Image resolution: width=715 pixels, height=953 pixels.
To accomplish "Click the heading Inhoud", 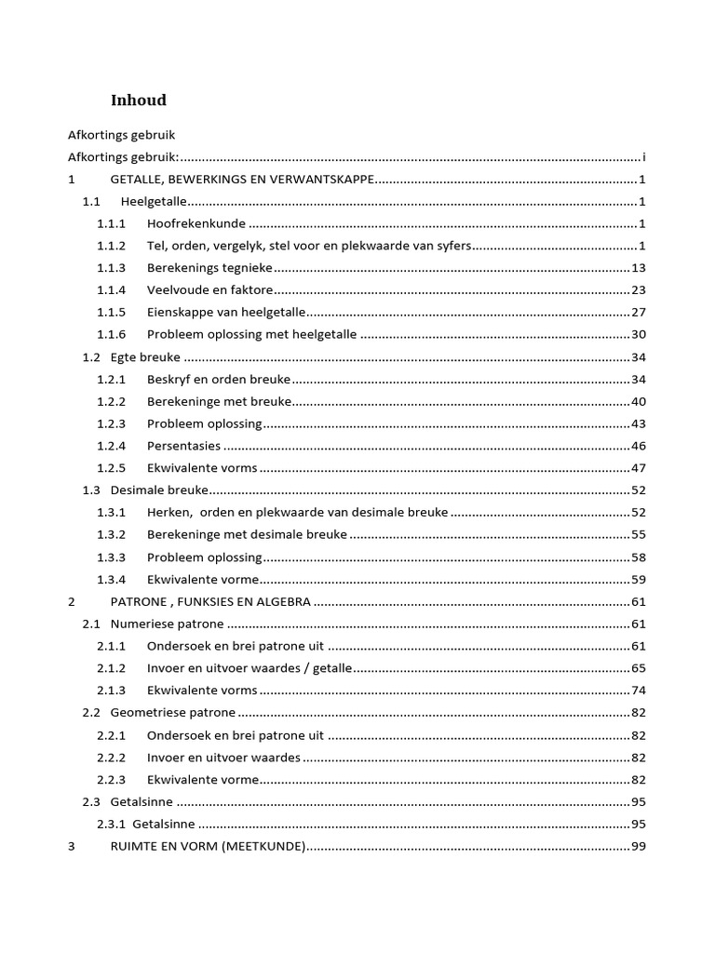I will [x=139, y=101].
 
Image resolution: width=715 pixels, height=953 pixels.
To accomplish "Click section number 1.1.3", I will [x=111, y=268].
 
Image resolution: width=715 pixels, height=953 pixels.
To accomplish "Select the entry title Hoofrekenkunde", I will [x=196, y=223].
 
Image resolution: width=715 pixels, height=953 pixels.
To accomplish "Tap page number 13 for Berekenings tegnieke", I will [x=639, y=268].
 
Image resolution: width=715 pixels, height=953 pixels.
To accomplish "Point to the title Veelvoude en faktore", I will [x=209, y=290].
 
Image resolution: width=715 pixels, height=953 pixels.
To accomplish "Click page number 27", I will [x=639, y=313].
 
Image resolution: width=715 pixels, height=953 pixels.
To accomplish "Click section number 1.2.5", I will [x=111, y=468].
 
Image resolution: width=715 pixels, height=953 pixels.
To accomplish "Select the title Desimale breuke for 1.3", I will [x=159, y=490].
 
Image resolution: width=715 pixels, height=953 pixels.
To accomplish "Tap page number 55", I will [x=639, y=535].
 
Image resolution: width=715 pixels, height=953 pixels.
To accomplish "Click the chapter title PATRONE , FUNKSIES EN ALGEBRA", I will [x=210, y=602].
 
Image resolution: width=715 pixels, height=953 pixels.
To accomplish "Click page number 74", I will [x=639, y=691].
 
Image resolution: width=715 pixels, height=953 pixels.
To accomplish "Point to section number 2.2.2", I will [x=111, y=758].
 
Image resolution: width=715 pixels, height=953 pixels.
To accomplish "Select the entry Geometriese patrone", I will [x=173, y=713].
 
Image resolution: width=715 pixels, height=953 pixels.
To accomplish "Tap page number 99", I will [x=639, y=847].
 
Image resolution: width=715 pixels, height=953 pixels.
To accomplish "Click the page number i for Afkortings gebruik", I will [x=643, y=157].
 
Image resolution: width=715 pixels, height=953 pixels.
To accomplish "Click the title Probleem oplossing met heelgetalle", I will [x=251, y=335].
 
